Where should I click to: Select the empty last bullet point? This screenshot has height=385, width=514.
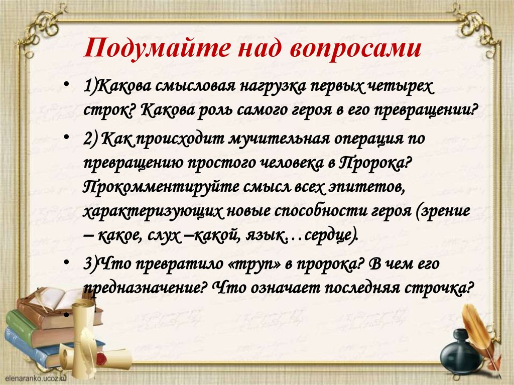point(67,313)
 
